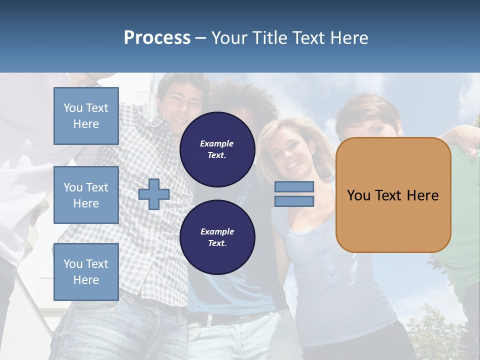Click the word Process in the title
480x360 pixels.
[x=157, y=38]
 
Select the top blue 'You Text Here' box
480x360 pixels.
[x=86, y=116]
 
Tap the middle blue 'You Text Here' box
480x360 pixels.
[x=86, y=195]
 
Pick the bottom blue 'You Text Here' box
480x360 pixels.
[x=86, y=272]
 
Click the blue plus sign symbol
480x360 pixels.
[x=154, y=194]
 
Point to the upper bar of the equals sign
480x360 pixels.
[x=294, y=186]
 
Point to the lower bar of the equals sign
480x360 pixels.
[x=294, y=201]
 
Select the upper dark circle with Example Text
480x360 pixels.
[x=217, y=149]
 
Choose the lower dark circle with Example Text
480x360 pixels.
[x=217, y=237]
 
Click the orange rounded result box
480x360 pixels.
[x=393, y=220]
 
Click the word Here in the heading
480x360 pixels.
[x=349, y=38]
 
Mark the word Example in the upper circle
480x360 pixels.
[x=216, y=143]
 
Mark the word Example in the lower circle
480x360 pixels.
[x=217, y=231]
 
